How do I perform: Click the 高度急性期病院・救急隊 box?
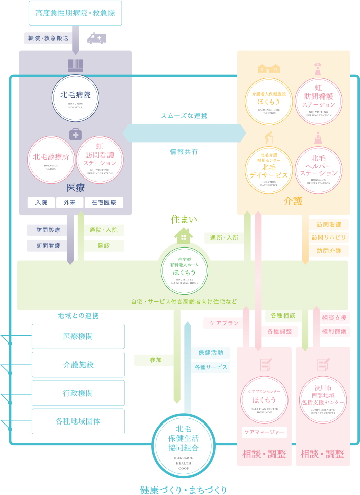tap(76, 13)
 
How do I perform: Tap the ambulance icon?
tap(96, 38)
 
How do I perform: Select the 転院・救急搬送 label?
tap(49, 38)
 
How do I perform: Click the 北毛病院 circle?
tap(76, 98)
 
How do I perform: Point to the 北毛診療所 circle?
tap(51, 159)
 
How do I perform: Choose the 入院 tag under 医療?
tap(41, 202)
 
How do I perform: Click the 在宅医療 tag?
tap(104, 202)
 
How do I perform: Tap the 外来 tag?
tap(69, 202)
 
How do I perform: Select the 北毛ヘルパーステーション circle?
tap(318, 170)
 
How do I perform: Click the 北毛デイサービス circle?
tap(268, 170)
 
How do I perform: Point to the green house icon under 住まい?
tap(184, 235)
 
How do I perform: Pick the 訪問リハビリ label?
tap(329, 237)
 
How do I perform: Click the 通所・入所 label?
tap(224, 237)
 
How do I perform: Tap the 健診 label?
tap(104, 245)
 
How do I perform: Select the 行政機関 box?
tap(78, 393)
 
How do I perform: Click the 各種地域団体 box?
tap(78, 421)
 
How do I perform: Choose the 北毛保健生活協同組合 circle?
tap(184, 439)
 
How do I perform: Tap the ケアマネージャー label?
tap(264, 432)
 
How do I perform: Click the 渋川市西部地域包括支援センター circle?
tap(322, 400)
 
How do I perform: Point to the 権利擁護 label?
tap(334, 331)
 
